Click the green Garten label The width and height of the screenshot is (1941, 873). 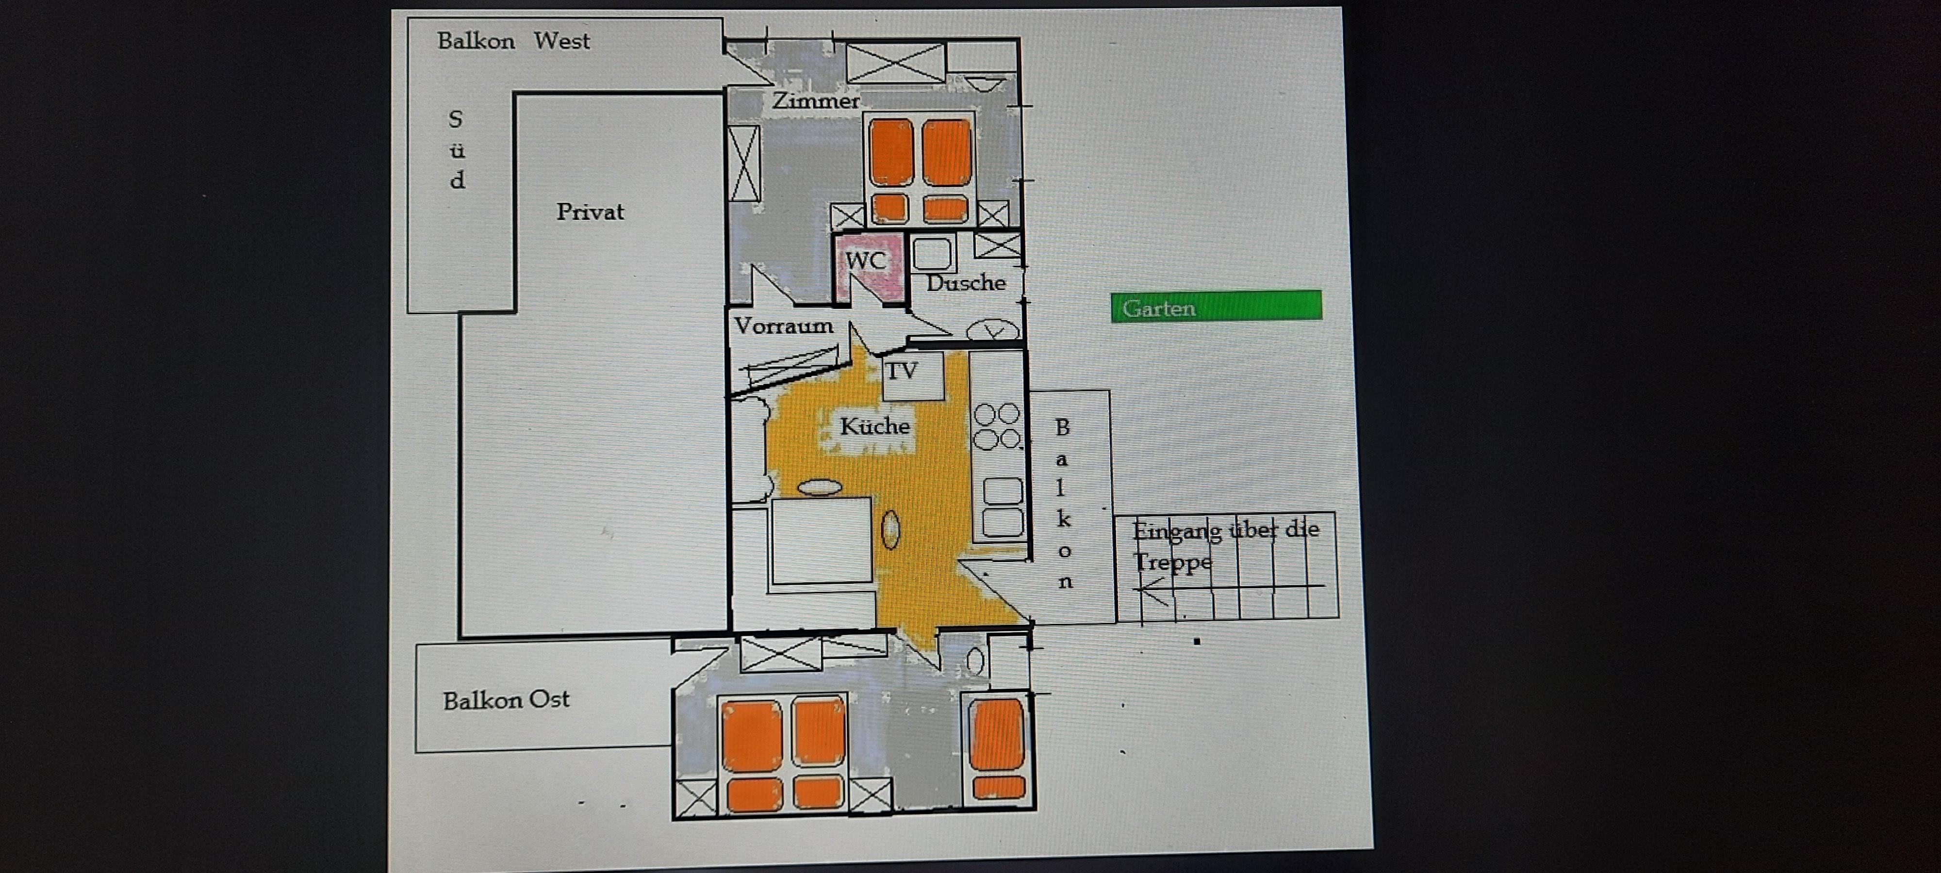click(1216, 307)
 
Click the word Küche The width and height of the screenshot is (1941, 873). click(875, 426)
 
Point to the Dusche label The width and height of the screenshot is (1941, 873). click(966, 283)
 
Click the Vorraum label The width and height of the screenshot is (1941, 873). click(784, 326)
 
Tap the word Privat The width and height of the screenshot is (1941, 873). click(590, 211)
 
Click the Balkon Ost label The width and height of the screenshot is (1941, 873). click(506, 700)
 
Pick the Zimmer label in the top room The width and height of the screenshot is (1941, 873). click(816, 101)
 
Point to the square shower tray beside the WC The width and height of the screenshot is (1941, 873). click(932, 254)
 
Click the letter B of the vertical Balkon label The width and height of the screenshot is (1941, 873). click(1062, 428)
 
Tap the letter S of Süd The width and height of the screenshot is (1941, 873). click(455, 119)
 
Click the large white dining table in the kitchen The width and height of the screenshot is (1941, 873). click(822, 541)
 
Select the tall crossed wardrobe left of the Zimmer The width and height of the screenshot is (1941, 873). click(744, 163)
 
